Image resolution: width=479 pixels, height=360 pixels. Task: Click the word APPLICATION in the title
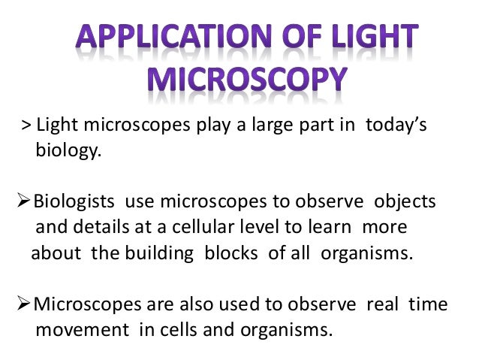click(x=154, y=38)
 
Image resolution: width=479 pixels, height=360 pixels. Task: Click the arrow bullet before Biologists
click(x=24, y=203)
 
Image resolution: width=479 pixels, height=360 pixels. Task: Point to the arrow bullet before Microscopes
click(x=24, y=304)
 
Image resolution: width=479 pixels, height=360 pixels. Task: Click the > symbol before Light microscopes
click(x=26, y=126)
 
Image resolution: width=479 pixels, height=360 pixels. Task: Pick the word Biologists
click(x=75, y=203)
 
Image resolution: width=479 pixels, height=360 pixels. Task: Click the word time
click(x=426, y=304)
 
